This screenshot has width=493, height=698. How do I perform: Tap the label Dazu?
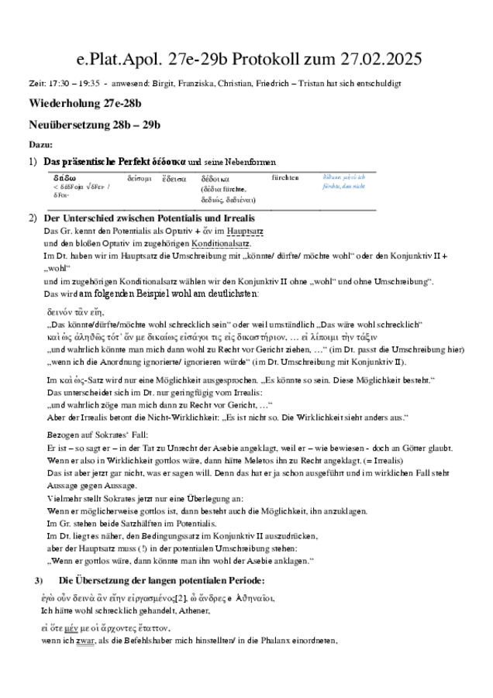coord(40,144)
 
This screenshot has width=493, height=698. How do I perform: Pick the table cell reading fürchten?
coord(285,177)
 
